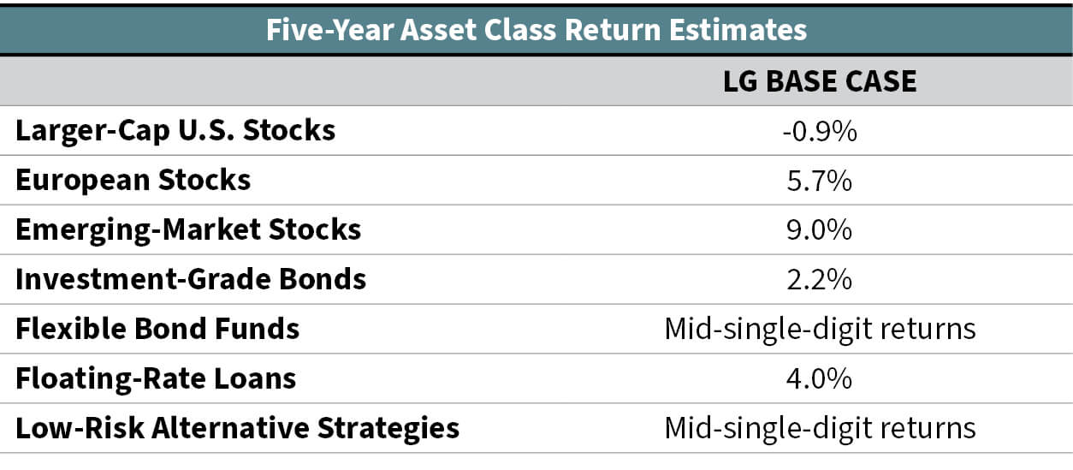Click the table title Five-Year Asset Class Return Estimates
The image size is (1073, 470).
(536, 30)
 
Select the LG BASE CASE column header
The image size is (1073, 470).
(820, 81)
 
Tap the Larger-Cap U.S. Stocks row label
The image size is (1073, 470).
(175, 131)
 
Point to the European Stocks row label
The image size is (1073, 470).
(133, 180)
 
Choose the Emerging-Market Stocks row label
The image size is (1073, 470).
(188, 230)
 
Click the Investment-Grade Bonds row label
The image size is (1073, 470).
(191, 279)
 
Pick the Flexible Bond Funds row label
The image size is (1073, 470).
(157, 329)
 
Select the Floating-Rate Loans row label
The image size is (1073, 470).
(156, 379)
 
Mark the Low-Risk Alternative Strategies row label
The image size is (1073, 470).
(238, 428)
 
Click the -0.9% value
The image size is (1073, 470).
(820, 131)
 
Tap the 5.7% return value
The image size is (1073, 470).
(820, 181)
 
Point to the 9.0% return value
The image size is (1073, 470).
(820, 230)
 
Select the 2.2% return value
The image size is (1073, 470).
(820, 280)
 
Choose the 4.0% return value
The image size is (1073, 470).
(820, 379)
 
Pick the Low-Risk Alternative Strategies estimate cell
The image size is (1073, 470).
(820, 429)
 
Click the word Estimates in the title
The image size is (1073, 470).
(738, 30)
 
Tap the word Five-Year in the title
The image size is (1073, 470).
(329, 30)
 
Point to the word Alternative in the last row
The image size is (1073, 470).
(230, 427)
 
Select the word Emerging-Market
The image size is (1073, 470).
(138, 230)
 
